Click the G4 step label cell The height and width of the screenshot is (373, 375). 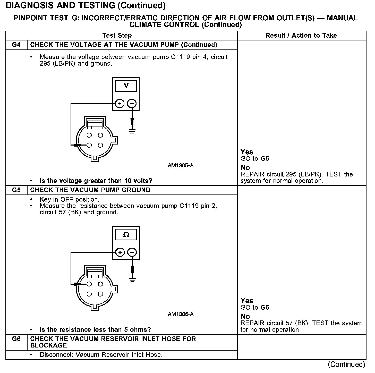point(16,45)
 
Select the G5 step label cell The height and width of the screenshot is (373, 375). point(16,190)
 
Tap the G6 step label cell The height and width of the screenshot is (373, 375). point(16,339)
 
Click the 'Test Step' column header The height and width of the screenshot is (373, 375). point(117,36)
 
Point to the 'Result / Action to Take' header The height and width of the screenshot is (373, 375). point(301,36)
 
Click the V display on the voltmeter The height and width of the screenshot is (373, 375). point(126,86)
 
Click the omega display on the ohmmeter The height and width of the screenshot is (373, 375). point(126,235)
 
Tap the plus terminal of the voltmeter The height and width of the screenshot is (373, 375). point(120,104)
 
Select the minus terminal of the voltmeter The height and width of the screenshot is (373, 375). point(132,104)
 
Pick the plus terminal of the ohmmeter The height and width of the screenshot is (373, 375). point(120,252)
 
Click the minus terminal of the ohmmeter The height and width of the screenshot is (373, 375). point(132,252)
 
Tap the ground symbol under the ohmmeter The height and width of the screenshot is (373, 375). point(132,280)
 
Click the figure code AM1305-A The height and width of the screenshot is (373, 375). point(181,165)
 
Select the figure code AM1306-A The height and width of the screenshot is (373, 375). point(181,314)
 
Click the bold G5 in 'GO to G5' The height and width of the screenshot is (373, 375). point(265,159)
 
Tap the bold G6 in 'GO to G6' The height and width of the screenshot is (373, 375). point(265,307)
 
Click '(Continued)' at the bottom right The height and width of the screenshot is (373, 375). point(346,364)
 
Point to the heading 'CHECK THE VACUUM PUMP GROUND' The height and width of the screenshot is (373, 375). point(90,190)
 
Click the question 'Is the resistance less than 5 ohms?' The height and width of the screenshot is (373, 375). point(95,330)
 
